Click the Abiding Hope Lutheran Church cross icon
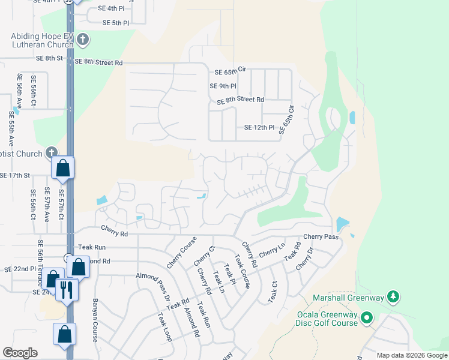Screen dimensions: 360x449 pos(83,40)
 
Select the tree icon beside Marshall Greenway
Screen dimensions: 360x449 pos(393,296)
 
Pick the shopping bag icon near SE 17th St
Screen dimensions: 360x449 pos(63,169)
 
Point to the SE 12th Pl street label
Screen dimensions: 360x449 pos(259,128)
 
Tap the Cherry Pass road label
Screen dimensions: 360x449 pos(321,237)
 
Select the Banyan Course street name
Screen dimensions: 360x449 pos(95,320)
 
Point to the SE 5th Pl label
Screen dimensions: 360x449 pos(116,23)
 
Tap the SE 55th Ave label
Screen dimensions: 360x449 pos(11,130)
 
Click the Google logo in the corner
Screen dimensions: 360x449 pos(20,353)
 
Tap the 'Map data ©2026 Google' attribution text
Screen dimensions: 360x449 pos(411,355)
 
